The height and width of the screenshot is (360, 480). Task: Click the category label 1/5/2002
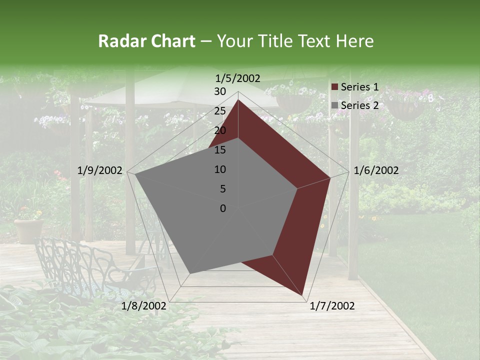[238, 78]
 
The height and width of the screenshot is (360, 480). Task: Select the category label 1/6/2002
[376, 170]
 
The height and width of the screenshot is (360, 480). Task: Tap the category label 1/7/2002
[332, 306]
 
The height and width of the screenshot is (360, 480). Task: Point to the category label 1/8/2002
[144, 306]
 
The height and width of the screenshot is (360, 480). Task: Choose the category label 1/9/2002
[100, 170]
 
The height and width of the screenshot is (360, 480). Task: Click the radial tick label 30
[220, 91]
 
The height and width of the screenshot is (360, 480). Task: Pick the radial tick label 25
[220, 111]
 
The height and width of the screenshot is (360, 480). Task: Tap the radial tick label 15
[220, 150]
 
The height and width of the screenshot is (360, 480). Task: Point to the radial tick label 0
[223, 208]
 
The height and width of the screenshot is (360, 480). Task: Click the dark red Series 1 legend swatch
[335, 87]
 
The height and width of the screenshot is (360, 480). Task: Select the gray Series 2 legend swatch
[335, 105]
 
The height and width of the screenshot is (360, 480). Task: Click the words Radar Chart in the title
[146, 41]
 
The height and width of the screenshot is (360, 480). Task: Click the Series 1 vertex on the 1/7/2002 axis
[303, 295]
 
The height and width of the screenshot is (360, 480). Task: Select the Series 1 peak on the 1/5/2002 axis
[238, 99]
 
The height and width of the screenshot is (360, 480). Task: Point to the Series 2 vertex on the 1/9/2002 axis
[134, 174]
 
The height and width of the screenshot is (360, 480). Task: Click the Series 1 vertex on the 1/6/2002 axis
[330, 177]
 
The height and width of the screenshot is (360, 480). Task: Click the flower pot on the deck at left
[28, 230]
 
